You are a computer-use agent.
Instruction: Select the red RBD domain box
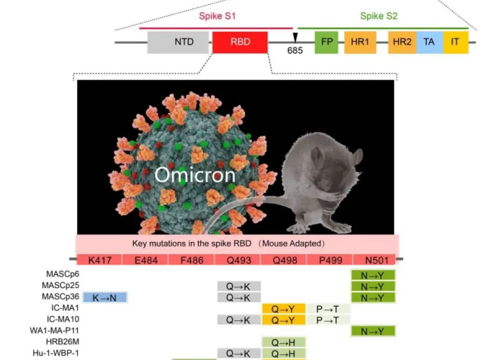(x=240, y=42)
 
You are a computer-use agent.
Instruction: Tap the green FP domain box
(x=326, y=42)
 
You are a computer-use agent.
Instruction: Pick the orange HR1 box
(x=360, y=42)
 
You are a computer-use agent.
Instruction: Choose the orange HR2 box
(x=402, y=42)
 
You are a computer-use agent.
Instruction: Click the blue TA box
(x=429, y=42)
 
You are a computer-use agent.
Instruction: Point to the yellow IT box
(x=455, y=42)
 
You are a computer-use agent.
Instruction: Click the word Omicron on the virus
(x=194, y=175)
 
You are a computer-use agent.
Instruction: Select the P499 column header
(x=328, y=259)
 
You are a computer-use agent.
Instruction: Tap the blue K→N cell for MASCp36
(x=105, y=297)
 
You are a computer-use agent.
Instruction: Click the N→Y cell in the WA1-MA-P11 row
(x=373, y=331)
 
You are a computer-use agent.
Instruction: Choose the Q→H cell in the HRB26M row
(x=284, y=342)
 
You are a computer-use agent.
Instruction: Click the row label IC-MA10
(x=64, y=320)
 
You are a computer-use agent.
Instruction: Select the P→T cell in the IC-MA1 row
(x=328, y=308)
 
